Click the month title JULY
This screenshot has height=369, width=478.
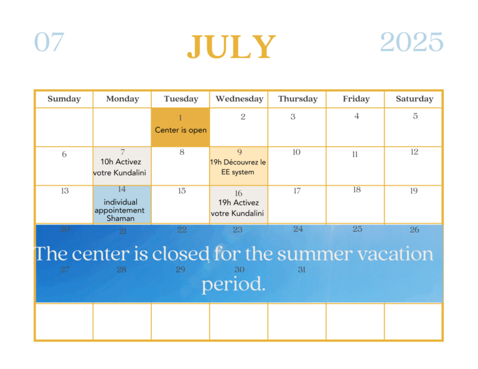(x=232, y=46)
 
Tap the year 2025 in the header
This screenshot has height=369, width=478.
(x=411, y=42)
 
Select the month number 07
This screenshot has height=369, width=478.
(x=49, y=42)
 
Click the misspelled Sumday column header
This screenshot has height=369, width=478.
(x=64, y=99)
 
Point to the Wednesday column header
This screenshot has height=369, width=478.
(x=239, y=99)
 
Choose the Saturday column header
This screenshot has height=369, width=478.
(x=415, y=99)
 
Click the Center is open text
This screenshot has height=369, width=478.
(x=180, y=130)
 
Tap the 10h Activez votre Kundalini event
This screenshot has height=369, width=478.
(x=119, y=167)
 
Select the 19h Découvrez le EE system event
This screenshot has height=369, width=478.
(x=238, y=167)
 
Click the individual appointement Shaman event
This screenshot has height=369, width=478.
(x=119, y=210)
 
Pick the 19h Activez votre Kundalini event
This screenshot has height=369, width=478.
(x=237, y=208)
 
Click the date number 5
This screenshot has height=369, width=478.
(x=415, y=116)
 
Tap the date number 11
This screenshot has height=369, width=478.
(x=355, y=154)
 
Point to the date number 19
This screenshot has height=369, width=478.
(x=414, y=191)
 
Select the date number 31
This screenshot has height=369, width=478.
(x=301, y=269)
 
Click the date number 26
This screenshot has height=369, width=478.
(x=415, y=230)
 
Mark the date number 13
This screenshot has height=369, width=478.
(x=65, y=191)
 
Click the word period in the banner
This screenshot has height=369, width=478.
(x=233, y=284)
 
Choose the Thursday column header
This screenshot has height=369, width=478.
(x=298, y=99)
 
